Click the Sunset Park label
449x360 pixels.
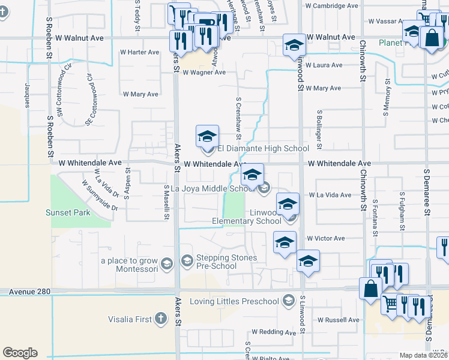click(x=68, y=212)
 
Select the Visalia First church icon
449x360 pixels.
click(x=160, y=319)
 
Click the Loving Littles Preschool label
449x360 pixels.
click(x=235, y=301)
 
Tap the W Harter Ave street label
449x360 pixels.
click(x=139, y=52)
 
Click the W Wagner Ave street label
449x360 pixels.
click(x=204, y=73)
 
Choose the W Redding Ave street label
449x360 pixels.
click(x=274, y=332)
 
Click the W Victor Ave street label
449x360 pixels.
click(x=325, y=238)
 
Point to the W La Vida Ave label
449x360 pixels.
click(x=330, y=195)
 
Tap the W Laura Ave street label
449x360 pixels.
click(x=324, y=65)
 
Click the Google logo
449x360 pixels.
click(x=20, y=353)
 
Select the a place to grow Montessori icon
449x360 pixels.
click(x=167, y=262)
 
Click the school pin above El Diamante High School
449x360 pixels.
click(x=207, y=137)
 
